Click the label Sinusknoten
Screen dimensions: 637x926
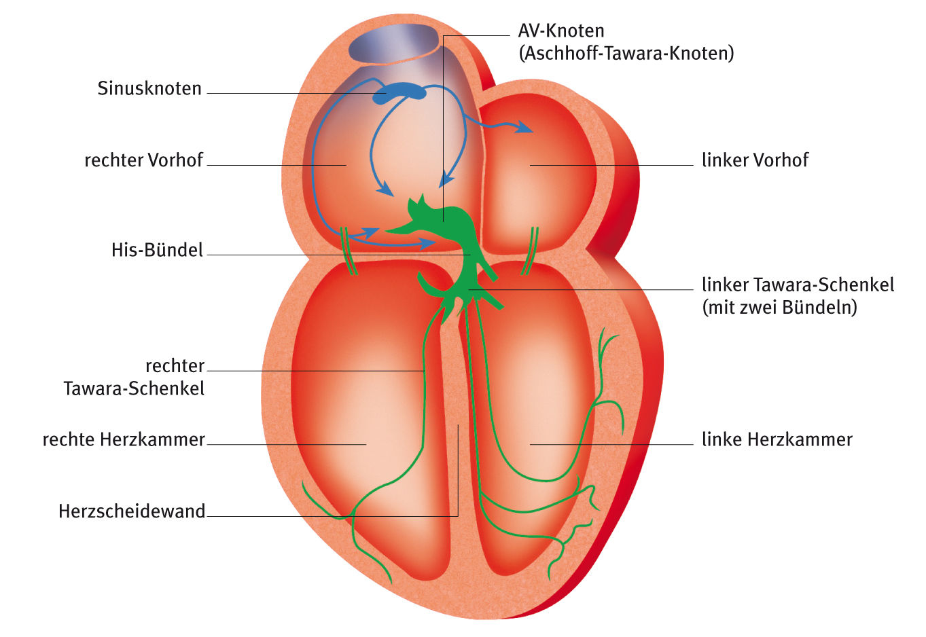149,89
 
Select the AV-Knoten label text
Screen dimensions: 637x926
560,31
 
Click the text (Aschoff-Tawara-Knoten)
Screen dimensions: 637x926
626,53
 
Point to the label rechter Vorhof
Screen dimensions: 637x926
143,160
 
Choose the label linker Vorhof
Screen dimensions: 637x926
755,160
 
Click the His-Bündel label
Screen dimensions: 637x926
157,250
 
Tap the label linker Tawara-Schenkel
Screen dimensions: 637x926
798,284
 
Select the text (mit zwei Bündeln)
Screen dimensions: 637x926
779,307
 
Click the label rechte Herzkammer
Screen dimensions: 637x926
124,439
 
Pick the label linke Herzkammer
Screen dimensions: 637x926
777,439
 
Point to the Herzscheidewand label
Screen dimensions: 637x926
132,511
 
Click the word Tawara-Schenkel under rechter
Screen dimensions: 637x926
134,388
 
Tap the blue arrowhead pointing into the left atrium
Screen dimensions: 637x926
524,127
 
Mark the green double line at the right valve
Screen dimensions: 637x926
349,251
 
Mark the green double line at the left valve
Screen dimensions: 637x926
529,251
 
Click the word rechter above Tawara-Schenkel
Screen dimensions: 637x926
175,366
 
